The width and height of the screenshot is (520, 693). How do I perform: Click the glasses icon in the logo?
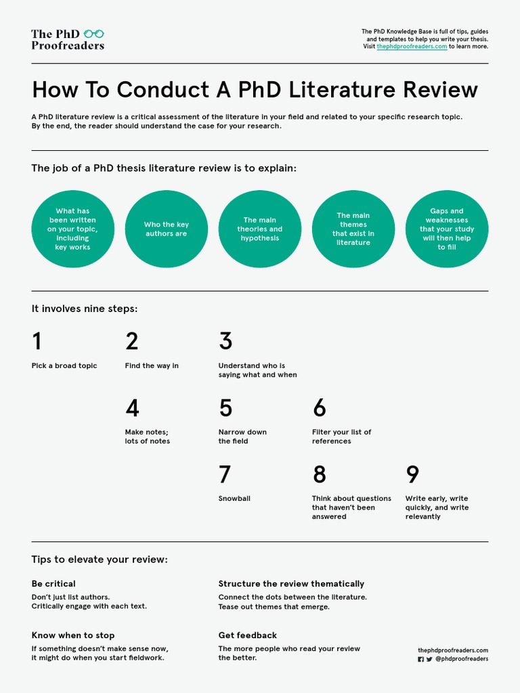tap(94, 33)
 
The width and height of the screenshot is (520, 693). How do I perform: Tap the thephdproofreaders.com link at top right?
tap(412, 47)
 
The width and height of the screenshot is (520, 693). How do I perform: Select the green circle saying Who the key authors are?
tap(167, 229)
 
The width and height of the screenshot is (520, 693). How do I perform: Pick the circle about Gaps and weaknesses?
tap(447, 229)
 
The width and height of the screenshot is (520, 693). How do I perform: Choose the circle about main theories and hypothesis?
tap(260, 229)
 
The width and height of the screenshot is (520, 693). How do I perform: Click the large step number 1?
tap(37, 341)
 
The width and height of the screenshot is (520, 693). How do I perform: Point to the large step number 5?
tap(225, 408)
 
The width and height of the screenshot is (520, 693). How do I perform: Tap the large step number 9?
tap(412, 474)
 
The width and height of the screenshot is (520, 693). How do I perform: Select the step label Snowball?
tap(234, 499)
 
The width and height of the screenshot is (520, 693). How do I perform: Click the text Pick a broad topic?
tap(64, 366)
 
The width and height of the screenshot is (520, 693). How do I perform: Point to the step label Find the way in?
tap(152, 366)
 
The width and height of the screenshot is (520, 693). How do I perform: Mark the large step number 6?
tap(319, 408)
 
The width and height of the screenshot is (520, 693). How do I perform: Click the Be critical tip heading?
tap(53, 583)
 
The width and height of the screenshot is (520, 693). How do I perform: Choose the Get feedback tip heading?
tap(248, 635)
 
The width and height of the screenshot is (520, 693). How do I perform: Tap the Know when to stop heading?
tap(73, 635)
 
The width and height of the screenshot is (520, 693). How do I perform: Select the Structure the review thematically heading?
tap(291, 583)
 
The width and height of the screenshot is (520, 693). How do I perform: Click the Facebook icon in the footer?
tap(420, 659)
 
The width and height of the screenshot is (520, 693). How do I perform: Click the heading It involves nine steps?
tap(85, 309)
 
